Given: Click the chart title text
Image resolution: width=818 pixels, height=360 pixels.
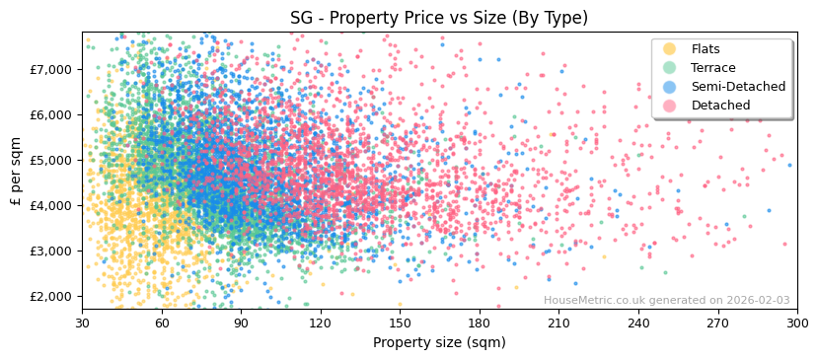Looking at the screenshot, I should click(x=439, y=18).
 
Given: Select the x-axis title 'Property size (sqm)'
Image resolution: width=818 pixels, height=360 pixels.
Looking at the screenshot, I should click(x=439, y=342).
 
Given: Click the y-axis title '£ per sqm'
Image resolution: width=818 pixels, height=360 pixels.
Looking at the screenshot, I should click(x=16, y=172).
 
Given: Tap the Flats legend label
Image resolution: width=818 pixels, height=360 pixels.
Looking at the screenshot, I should click(x=705, y=49).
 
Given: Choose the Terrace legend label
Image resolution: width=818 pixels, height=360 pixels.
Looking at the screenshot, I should click(x=711, y=68).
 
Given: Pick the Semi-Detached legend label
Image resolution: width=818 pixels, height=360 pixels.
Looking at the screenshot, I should click(x=738, y=87).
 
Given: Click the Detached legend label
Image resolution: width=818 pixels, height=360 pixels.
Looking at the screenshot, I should click(x=720, y=106).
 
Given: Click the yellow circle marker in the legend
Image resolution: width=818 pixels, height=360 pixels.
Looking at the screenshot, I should click(x=670, y=49).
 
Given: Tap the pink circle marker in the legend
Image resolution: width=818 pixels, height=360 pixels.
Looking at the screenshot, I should click(x=670, y=106).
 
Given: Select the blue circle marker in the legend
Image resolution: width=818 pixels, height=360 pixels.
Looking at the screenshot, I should click(x=670, y=87).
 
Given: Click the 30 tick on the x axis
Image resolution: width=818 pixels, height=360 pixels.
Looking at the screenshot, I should click(x=82, y=323).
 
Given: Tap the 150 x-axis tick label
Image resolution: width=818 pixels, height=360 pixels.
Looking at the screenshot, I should click(x=400, y=323).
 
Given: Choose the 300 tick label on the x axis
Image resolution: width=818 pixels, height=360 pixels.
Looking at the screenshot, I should click(x=797, y=323).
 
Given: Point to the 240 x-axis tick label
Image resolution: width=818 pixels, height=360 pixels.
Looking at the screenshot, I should click(x=638, y=323).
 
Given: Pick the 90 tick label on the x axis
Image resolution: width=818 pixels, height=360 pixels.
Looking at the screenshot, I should click(x=241, y=323).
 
